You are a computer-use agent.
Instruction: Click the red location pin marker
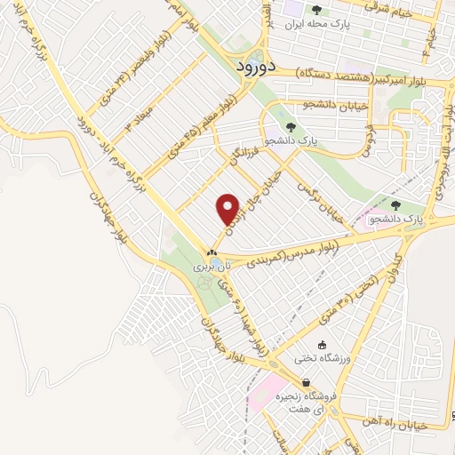coord(228,209)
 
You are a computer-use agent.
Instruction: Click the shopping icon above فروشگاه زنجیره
coord(306,382)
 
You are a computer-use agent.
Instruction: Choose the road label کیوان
coord(390,266)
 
